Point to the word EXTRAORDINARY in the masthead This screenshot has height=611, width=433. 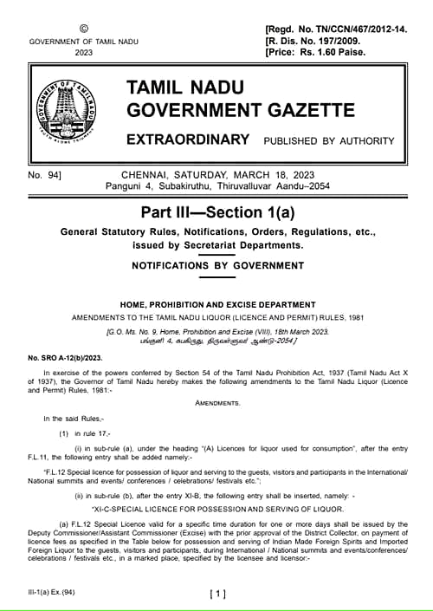point(188,140)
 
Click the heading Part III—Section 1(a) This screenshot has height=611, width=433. point(216,213)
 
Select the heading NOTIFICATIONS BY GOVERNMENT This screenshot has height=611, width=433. point(216,266)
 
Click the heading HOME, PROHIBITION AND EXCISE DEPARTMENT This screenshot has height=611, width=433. point(216,303)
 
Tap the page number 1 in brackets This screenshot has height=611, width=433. point(217,594)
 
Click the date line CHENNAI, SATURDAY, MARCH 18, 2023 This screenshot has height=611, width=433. point(216,175)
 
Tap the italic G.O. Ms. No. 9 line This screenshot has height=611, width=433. point(216,332)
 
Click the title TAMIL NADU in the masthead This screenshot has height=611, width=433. point(185,88)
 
